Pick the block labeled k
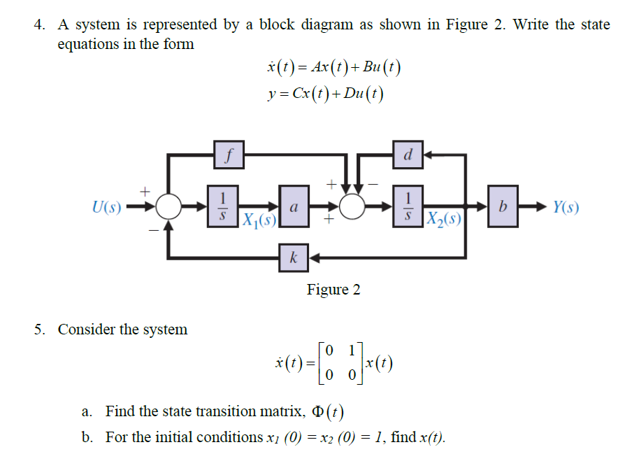[294, 259]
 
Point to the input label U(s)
[106, 207]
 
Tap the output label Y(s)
[566, 207]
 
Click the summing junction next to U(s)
[168, 207]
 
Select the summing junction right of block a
[353, 207]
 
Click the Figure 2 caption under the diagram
[333, 290]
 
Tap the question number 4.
[40, 25]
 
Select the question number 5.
[40, 329]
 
